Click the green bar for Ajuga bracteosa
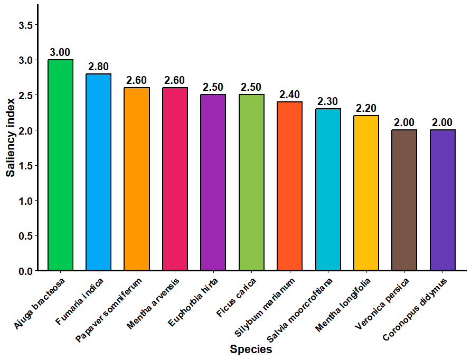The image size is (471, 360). click(x=60, y=165)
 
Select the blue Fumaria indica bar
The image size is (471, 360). click(x=99, y=172)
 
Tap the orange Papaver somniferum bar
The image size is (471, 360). click(x=137, y=179)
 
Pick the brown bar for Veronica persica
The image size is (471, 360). click(x=404, y=200)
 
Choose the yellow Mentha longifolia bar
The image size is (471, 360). click(x=366, y=193)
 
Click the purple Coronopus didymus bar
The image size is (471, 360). click(x=443, y=200)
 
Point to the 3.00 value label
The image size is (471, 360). click(x=60, y=52)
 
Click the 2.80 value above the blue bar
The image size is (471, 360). click(x=98, y=67)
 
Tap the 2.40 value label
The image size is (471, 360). click(x=289, y=94)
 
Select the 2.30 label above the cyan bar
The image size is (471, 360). click(x=328, y=101)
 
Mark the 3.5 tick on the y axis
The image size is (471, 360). click(x=25, y=25)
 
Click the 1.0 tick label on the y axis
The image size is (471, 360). click(x=25, y=201)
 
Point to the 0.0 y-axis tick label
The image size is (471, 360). click(x=25, y=271)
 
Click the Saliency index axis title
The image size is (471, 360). click(x=11, y=138)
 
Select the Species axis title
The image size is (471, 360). click(x=251, y=349)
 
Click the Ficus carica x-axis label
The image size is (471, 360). click(x=237, y=298)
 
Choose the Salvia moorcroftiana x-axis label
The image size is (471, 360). click(x=300, y=310)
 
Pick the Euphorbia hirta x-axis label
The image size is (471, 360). click(x=193, y=302)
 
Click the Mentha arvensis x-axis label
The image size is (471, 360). click(x=153, y=304)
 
